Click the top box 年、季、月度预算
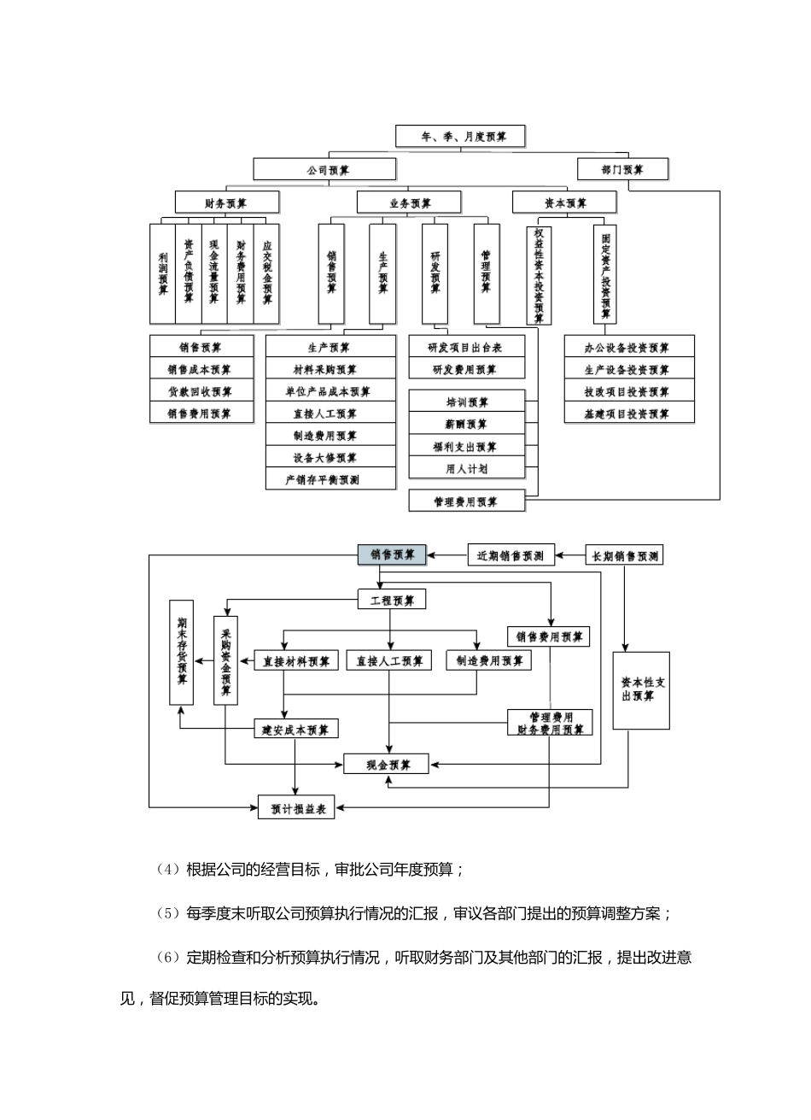coord(459,137)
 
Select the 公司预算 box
coord(328,170)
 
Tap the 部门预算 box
coord(622,169)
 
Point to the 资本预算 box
coord(564,202)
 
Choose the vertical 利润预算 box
coord(162,273)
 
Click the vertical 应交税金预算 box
coord(267,273)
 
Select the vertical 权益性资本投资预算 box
coord(539,274)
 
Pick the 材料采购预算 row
coord(330,370)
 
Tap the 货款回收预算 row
coord(201,392)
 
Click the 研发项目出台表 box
coord(465,348)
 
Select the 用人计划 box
coord(467,468)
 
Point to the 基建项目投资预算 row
coord(629,414)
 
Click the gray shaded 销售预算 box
coord(392,555)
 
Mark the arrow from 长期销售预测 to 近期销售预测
coord(570,555)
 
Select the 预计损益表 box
coord(296,807)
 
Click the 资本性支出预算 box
coord(642,690)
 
